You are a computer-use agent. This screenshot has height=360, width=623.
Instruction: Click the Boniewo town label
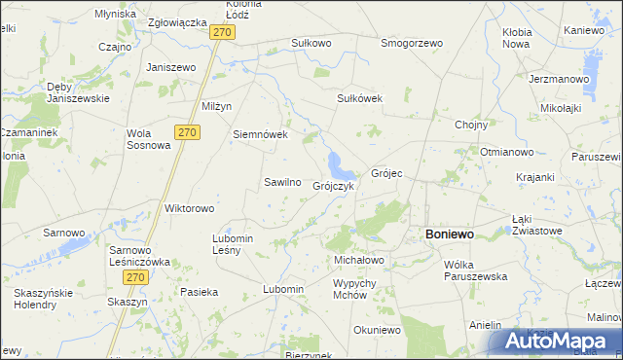click(x=449, y=234)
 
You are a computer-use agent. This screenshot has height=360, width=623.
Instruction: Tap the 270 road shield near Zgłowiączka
click(x=223, y=32)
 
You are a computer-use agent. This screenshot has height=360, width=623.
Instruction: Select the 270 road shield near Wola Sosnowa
click(x=188, y=131)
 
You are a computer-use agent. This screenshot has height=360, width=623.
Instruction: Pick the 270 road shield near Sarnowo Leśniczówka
click(x=135, y=277)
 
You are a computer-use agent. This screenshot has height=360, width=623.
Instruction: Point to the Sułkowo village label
click(x=311, y=43)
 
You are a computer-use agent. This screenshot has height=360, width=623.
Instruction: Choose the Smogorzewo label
click(x=412, y=43)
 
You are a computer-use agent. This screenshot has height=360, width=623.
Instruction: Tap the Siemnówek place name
click(x=260, y=134)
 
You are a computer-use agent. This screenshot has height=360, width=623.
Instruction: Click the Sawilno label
click(x=282, y=182)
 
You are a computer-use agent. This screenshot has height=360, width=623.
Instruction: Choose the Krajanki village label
click(x=536, y=177)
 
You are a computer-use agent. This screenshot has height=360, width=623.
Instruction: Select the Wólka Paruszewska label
click(x=475, y=270)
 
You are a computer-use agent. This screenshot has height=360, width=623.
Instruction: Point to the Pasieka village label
click(x=199, y=291)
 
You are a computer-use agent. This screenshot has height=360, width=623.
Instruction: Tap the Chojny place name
click(x=471, y=124)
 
